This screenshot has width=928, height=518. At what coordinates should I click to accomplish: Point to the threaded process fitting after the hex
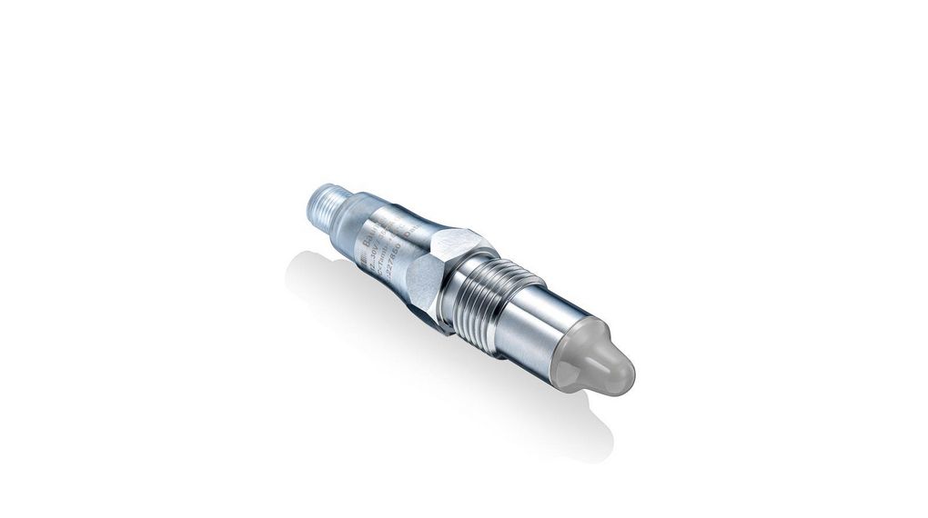coord(481,290)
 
